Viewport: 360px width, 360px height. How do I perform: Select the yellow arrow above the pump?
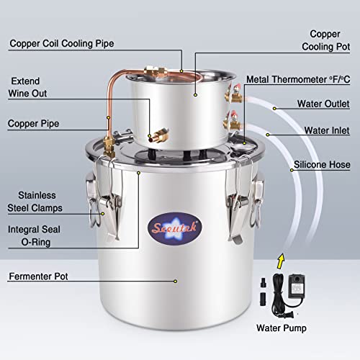(282, 257)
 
